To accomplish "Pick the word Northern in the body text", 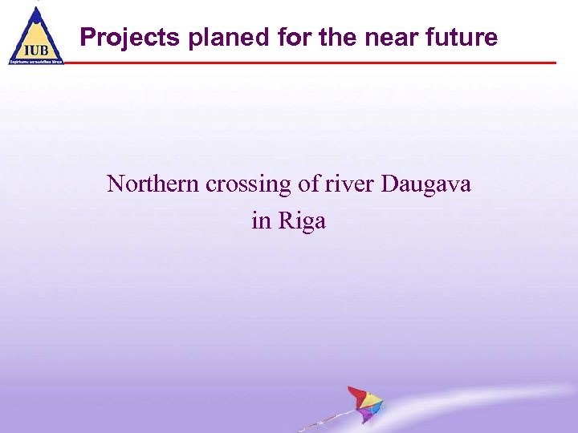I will click(153, 184).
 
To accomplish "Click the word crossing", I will click(249, 184).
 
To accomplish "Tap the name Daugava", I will click(426, 184).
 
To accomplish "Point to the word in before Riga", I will click(261, 221).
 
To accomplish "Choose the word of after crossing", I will click(308, 184).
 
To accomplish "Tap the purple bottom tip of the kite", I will click(367, 418).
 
